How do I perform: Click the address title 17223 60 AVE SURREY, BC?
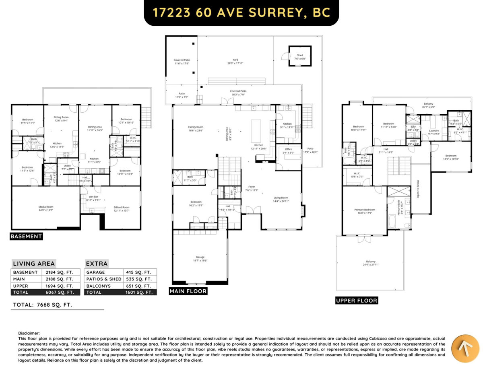(x=241, y=12)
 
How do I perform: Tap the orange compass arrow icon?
(x=464, y=348)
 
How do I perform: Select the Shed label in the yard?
(x=300, y=55)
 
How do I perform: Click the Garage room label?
(x=200, y=257)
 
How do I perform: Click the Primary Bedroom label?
(x=365, y=210)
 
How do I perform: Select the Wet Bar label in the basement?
(x=93, y=197)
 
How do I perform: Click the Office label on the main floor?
(x=288, y=149)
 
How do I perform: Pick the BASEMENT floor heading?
(x=26, y=237)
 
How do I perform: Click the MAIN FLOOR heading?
(x=188, y=291)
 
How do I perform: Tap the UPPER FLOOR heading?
(x=357, y=301)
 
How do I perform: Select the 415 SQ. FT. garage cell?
(x=139, y=272)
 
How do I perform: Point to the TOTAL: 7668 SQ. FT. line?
(x=43, y=305)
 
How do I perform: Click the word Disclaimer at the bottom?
(x=29, y=333)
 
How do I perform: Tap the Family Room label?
(x=196, y=127)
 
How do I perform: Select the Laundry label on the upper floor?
(x=434, y=130)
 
